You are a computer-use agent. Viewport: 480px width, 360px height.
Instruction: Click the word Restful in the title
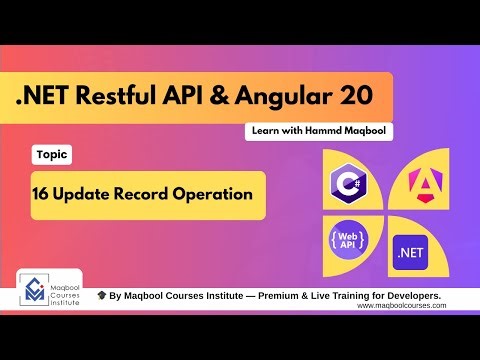click(144, 97)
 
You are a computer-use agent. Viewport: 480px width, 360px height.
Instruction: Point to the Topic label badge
click(51, 156)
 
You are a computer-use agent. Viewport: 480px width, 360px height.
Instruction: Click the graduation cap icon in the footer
click(101, 296)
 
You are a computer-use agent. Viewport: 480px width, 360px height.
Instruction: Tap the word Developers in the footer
click(435, 296)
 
